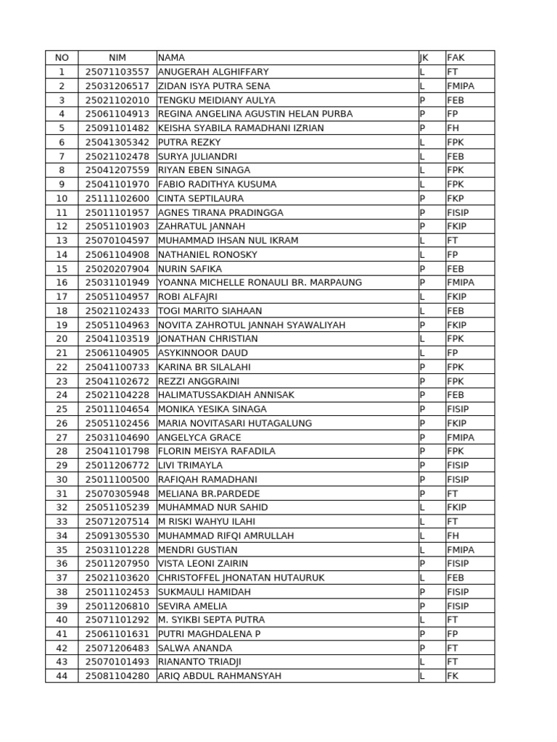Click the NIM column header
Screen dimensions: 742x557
117,57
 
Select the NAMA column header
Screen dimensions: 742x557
171,57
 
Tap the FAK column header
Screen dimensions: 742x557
455,57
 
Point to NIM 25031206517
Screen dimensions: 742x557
117,86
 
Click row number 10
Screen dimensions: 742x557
62,199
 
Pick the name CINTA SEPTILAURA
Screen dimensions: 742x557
201,199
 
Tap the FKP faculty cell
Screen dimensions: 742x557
455,199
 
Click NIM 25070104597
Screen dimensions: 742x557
117,241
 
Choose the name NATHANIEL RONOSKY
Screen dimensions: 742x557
207,254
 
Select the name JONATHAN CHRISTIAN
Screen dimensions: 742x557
207,339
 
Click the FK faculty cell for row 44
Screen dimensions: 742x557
453,676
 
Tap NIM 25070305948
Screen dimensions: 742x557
117,493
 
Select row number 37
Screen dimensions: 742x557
62,578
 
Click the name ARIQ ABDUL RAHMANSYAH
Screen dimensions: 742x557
220,676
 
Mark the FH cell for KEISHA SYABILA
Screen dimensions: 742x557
453,128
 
